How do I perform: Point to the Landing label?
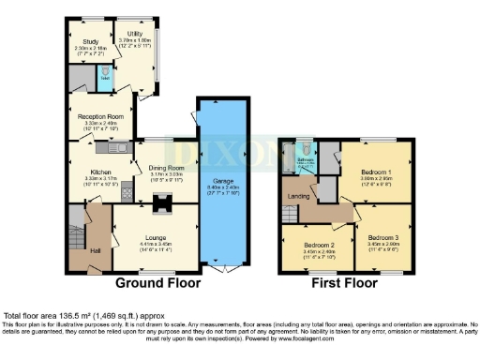298,194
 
